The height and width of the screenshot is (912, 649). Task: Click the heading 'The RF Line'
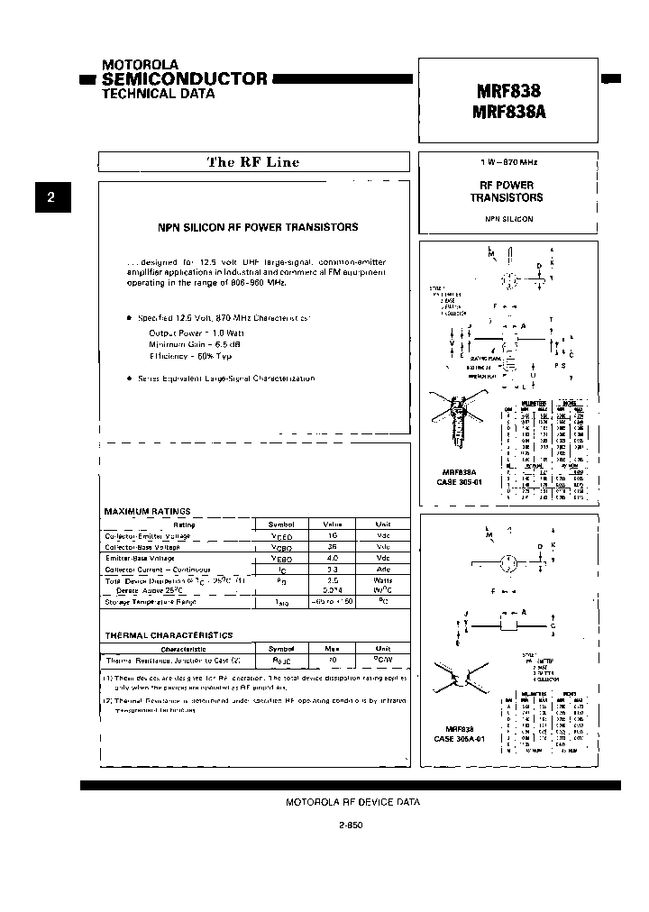(253, 162)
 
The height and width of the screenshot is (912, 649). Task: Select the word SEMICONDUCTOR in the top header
(185, 78)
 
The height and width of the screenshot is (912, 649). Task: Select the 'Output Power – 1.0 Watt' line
(195, 333)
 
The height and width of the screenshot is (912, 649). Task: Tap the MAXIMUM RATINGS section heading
(148, 512)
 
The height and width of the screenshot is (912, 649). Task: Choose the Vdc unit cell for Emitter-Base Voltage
(383, 559)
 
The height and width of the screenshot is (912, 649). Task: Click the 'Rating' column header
(184, 524)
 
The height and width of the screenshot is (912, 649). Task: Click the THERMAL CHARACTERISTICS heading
(169, 635)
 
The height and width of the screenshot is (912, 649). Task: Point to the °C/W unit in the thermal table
(383, 659)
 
